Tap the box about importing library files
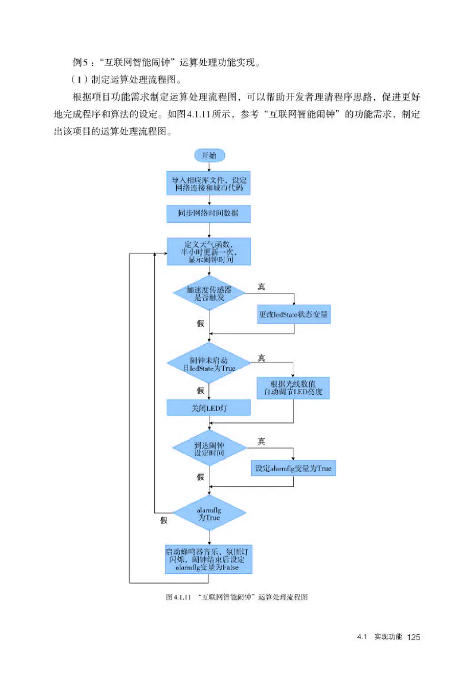coord(209,183)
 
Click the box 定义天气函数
coord(209,253)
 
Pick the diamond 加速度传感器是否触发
coord(209,292)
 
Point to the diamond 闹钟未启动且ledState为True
coord(209,365)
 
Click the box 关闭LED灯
coord(209,407)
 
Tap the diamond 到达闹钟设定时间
coord(209,448)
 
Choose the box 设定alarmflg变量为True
coord(293,469)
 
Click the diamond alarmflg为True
coord(209,513)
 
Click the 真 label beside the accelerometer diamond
coord(261,287)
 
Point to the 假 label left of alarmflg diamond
coord(164,520)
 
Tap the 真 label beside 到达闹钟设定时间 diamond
coord(261,441)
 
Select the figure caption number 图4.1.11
coord(177,597)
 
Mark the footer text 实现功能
coord(388,637)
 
